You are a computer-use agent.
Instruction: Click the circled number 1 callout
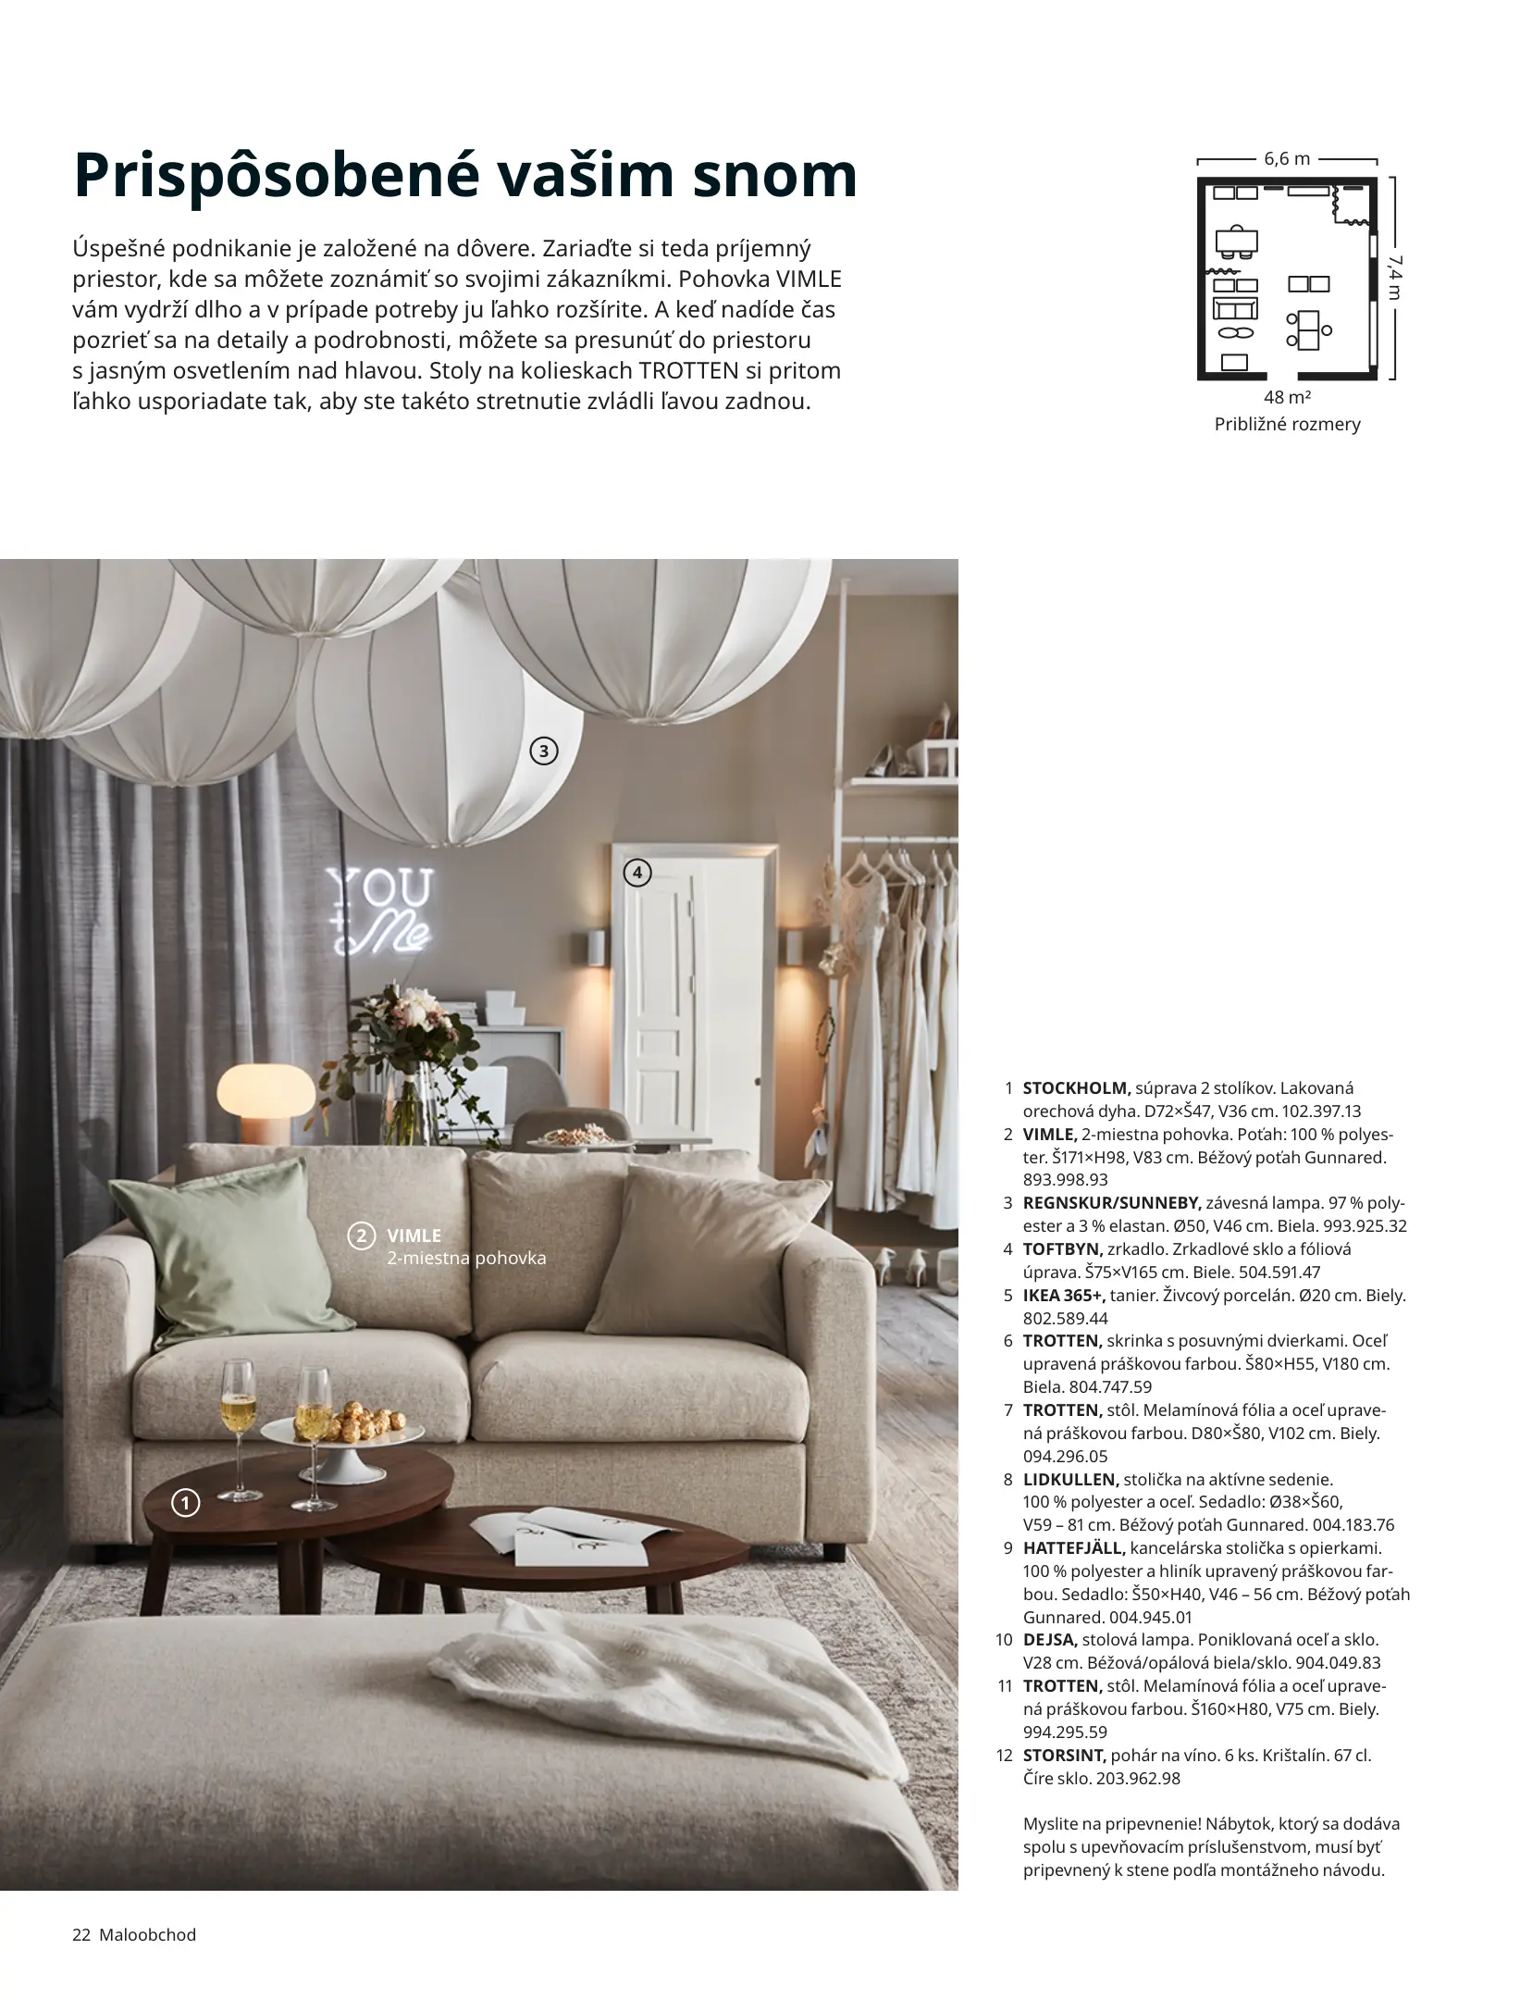coord(186,1504)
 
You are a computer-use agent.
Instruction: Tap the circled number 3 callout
coord(544,751)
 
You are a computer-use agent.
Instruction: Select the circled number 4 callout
coord(637,872)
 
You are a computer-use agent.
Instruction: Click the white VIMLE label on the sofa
coord(414,1235)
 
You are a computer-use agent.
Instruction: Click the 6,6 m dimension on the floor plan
coord(1287,159)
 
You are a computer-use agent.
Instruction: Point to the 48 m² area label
coord(1287,398)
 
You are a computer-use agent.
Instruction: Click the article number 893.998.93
coord(1066,1180)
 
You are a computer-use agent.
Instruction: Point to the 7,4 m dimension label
coord(1394,278)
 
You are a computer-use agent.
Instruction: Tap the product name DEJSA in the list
coord(1050,1640)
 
